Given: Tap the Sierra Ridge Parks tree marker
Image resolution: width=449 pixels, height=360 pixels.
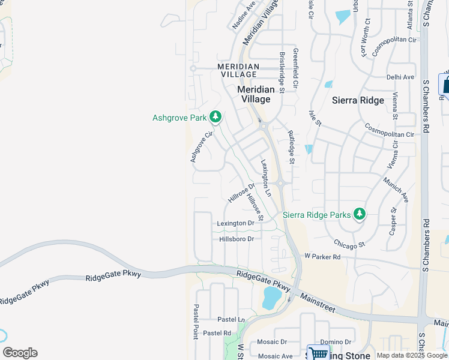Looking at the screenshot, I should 360,214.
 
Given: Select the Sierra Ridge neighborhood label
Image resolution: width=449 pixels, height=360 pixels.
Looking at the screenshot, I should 358,100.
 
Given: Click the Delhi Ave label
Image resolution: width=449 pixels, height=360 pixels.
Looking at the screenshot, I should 400,77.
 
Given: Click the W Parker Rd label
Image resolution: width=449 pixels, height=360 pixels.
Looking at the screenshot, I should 322,257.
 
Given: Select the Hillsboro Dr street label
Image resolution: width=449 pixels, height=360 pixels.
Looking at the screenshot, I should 237,239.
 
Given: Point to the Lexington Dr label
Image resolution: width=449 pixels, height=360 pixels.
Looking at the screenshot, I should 236,223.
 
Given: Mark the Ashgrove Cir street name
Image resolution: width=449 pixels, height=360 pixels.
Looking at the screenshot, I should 202,146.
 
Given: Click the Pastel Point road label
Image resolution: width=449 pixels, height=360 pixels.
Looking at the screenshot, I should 196,321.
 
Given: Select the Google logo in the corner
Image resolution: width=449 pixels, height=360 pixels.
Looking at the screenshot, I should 20,353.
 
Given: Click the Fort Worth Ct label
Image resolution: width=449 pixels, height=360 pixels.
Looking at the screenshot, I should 366,37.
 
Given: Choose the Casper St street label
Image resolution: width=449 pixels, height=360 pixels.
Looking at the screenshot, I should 393,220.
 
